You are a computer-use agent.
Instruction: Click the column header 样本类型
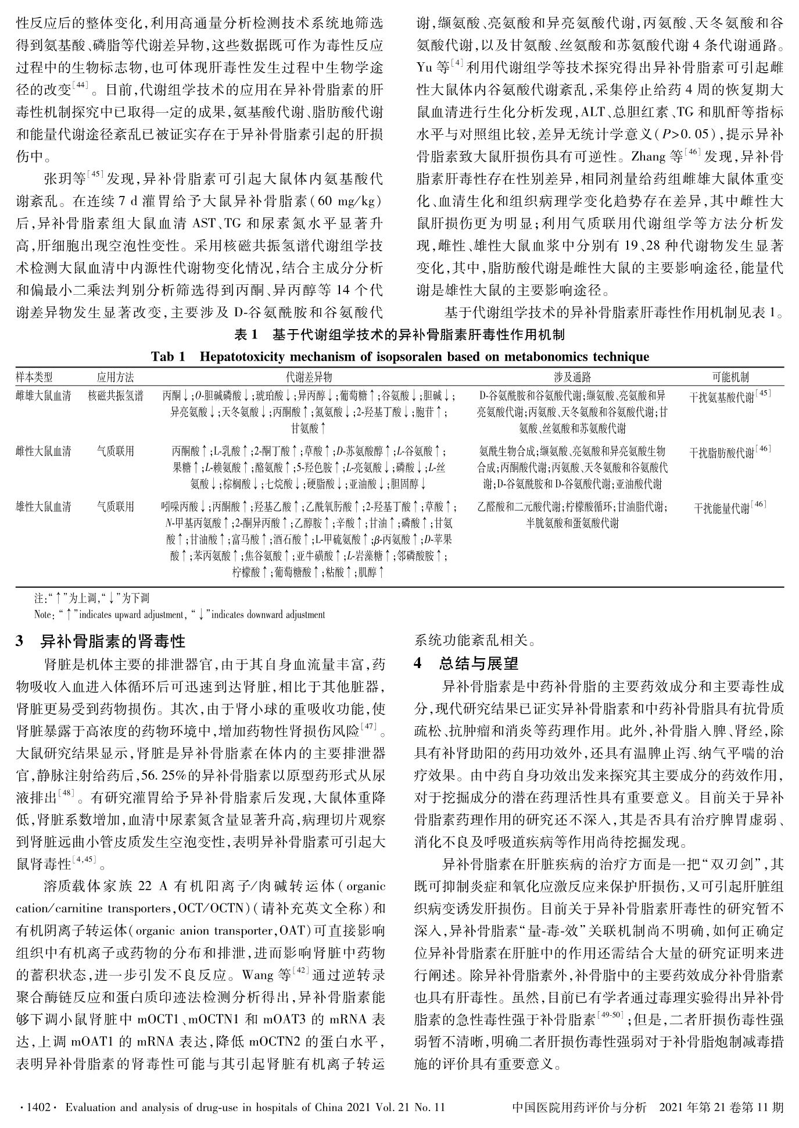point(34,377)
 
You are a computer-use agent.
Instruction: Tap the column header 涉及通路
point(572,377)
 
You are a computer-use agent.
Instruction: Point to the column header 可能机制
point(730,377)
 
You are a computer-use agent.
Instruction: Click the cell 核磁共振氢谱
point(115,397)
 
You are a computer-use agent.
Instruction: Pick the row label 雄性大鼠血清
point(43,507)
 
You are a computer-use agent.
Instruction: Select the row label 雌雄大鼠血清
point(43,397)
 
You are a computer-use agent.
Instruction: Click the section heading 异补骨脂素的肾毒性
point(113,642)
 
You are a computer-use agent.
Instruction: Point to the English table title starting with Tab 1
point(400,356)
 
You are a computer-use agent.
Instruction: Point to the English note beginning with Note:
point(180,614)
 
